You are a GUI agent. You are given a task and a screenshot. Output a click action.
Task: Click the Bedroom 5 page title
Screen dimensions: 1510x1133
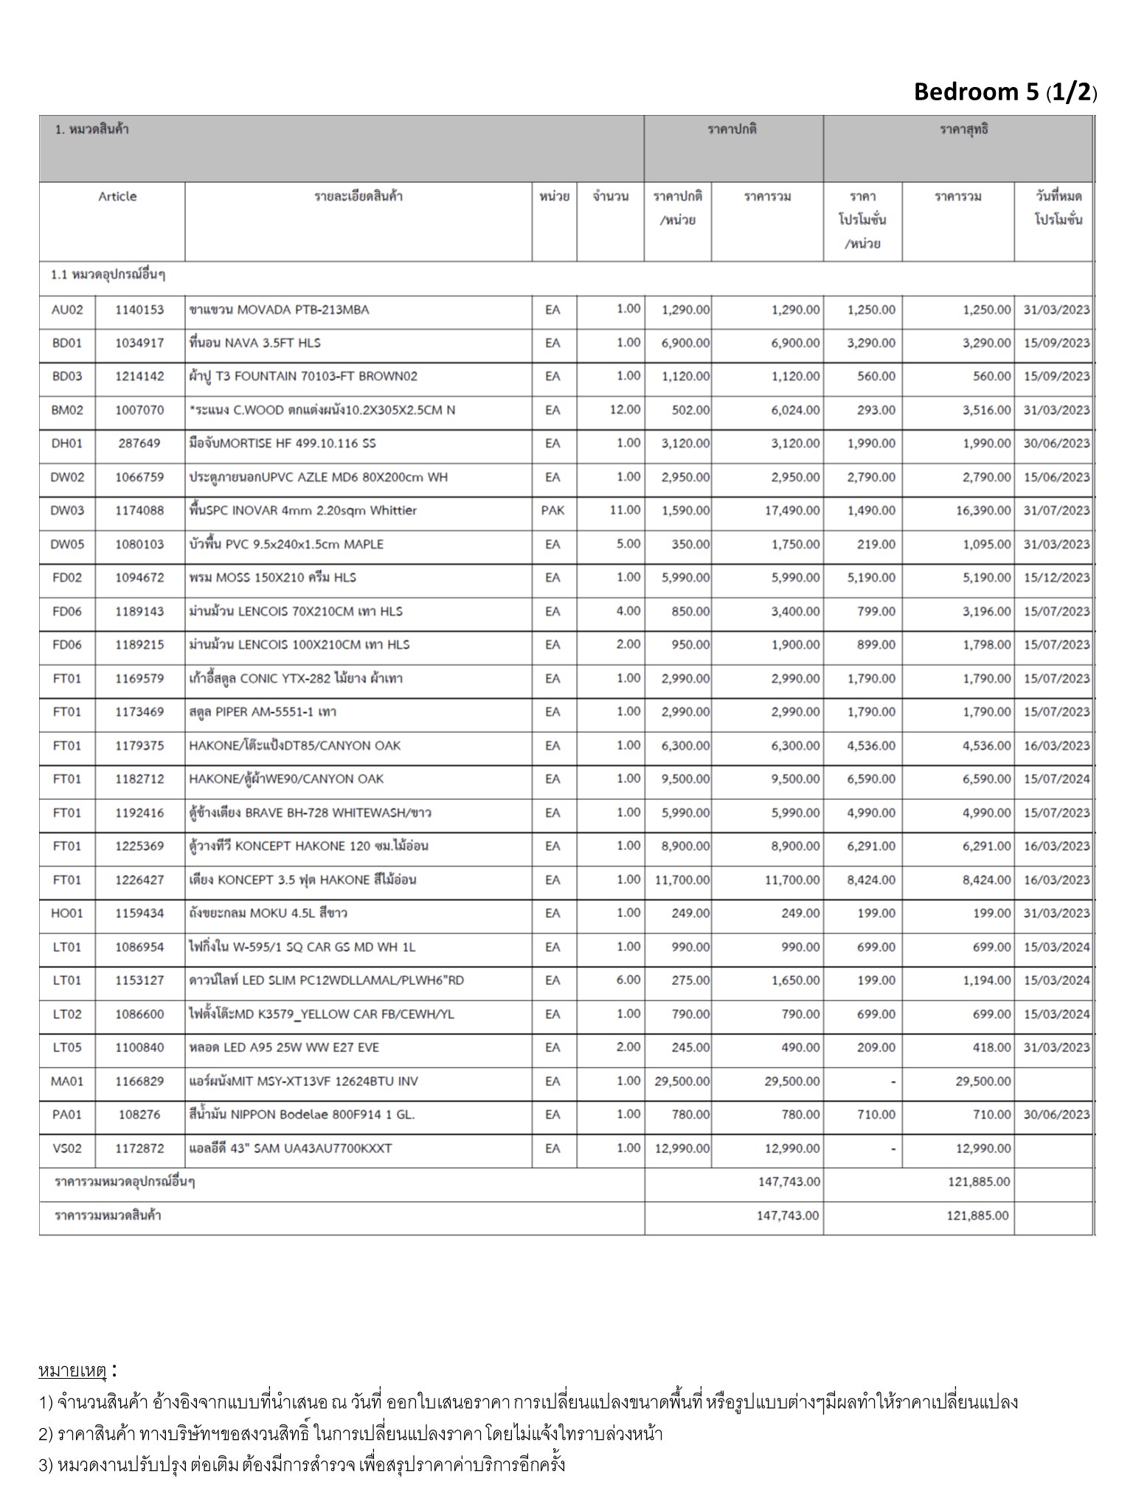pyautogui.click(x=1005, y=92)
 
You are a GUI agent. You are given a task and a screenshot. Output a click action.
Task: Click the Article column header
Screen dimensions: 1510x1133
pyautogui.click(x=117, y=197)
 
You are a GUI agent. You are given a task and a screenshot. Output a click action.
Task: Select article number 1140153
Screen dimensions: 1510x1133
pyautogui.click(x=139, y=310)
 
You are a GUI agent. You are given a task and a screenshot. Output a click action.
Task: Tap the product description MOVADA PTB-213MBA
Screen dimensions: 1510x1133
pyautogui.click(x=280, y=310)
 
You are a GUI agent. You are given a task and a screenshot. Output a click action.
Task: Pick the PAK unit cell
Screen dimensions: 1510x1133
pyautogui.click(x=552, y=510)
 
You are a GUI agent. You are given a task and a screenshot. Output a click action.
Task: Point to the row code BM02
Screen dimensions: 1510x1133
pyautogui.click(x=67, y=410)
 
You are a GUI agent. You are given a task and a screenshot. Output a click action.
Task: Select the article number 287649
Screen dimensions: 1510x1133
pyautogui.click(x=139, y=443)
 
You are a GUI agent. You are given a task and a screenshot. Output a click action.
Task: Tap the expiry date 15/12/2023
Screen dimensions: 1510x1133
pyautogui.click(x=1056, y=577)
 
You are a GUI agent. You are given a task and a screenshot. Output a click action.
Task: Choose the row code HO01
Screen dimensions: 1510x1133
pyautogui.click(x=67, y=914)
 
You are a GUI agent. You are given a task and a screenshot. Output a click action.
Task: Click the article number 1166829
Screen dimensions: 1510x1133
pyautogui.click(x=139, y=1082)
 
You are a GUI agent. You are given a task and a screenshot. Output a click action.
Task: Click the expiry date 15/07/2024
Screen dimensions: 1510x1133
pyautogui.click(x=1056, y=779)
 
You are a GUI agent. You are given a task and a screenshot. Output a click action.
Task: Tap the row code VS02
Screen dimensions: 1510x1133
pyautogui.click(x=67, y=1149)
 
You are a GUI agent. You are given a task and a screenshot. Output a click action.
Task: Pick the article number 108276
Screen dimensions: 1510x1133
pyautogui.click(x=139, y=1115)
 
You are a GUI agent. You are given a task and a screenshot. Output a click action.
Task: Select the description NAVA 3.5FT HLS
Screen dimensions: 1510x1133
pyautogui.click(x=255, y=343)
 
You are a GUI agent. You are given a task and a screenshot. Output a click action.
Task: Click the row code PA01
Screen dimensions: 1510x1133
pyautogui.click(x=67, y=1115)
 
